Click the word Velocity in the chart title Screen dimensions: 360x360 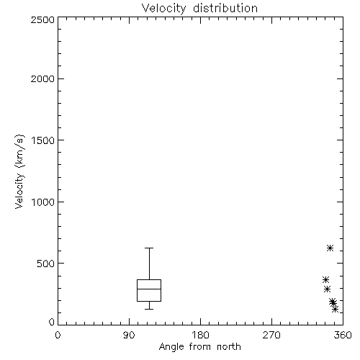coord(163,9)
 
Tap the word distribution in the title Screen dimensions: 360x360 coord(225,8)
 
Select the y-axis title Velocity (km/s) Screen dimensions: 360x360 coord(19,171)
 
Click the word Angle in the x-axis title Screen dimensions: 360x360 coord(171,347)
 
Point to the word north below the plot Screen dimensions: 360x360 coord(229,346)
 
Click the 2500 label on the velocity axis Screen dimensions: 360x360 coord(42,19)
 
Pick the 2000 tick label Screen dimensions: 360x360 coord(42,78)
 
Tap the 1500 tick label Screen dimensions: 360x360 coord(43,140)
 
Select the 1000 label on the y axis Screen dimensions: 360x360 coord(43,202)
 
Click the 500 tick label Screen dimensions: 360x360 coord(46,264)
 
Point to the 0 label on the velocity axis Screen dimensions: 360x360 coord(52,322)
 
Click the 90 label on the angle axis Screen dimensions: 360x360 coord(129,335)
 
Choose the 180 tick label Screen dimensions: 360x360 coord(200,335)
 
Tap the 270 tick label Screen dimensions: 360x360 coord(271,335)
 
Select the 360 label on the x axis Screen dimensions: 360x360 coord(343,335)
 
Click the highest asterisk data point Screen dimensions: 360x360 coord(330,248)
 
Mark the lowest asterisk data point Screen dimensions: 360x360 coord(336,309)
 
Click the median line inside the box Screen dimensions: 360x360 coord(149,289)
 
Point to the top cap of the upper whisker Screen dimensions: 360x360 coord(149,248)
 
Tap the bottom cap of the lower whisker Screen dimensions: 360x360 coord(149,309)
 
